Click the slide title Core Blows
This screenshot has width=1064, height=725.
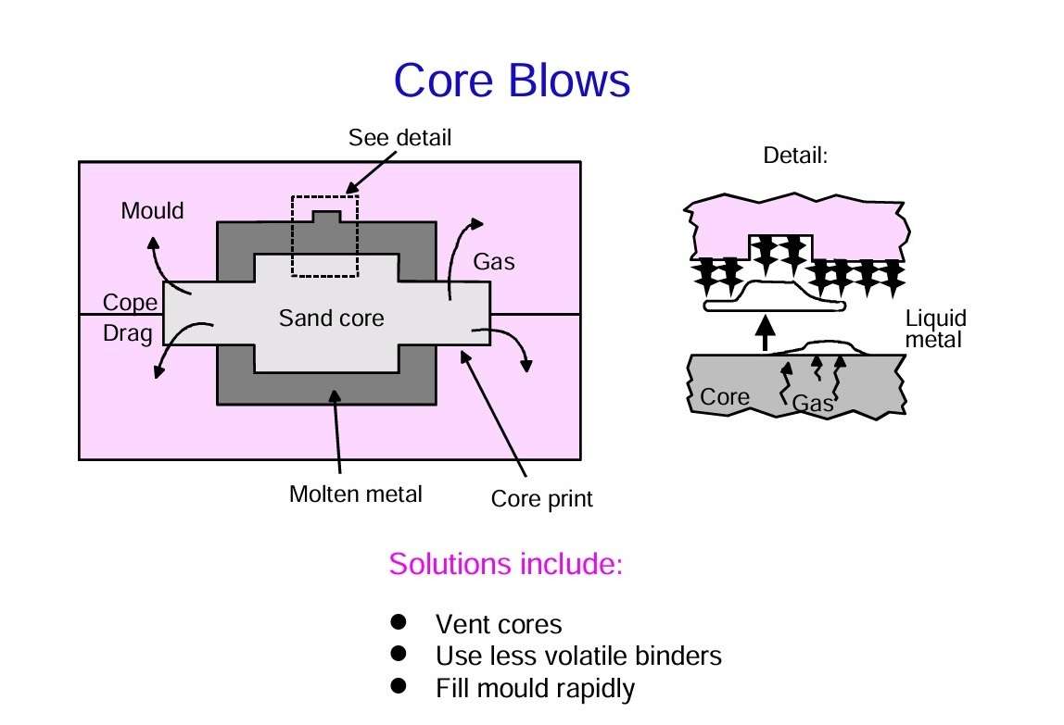[x=512, y=81]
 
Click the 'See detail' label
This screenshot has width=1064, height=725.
[x=399, y=138]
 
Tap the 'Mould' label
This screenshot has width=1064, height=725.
[x=153, y=211]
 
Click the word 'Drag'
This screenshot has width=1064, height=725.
[x=128, y=333]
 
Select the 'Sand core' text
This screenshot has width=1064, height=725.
[x=331, y=319]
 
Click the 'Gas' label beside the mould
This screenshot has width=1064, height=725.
[x=494, y=262]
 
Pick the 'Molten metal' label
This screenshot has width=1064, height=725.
[x=355, y=494]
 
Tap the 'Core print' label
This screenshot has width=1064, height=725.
[x=541, y=500]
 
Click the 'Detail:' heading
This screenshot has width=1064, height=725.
[x=794, y=156]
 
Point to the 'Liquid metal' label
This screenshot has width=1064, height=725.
[x=936, y=330]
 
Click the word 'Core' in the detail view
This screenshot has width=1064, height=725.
[x=724, y=397]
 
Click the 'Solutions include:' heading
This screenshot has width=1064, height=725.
[x=505, y=563]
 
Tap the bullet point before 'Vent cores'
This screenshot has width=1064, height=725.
[x=399, y=622]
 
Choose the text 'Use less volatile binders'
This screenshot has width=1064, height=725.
[x=578, y=656]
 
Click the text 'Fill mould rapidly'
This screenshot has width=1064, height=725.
[x=535, y=689]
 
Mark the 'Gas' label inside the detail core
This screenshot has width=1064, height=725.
[x=812, y=404]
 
